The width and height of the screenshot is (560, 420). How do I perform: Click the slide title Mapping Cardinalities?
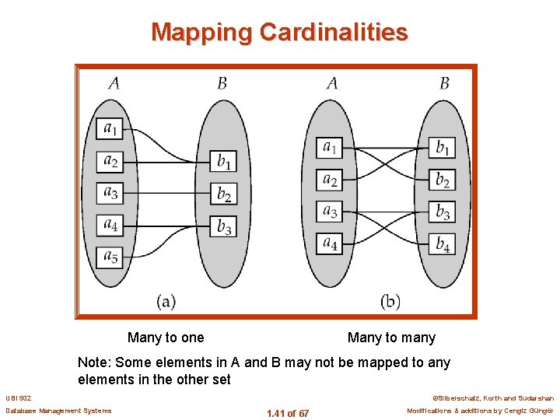[x=279, y=32]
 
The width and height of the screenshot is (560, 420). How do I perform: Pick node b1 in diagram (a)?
[x=223, y=161]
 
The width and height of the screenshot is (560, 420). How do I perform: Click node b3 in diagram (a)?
[x=223, y=226]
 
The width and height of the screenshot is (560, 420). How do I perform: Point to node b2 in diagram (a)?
[x=223, y=193]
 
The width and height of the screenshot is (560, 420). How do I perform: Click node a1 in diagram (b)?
[x=330, y=146]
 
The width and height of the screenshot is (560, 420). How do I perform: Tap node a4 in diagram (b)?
[x=330, y=243]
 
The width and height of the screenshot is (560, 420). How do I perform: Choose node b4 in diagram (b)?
[x=442, y=243]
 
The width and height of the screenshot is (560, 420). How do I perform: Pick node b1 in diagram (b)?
[x=442, y=146]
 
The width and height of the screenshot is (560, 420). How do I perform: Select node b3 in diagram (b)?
[x=442, y=211]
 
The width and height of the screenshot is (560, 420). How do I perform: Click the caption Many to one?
[x=166, y=338]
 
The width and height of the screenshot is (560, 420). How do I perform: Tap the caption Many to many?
[x=391, y=338]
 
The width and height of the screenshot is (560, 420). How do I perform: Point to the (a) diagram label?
[x=166, y=300]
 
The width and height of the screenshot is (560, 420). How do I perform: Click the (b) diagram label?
[x=390, y=300]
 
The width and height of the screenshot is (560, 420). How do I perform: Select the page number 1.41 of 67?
[x=287, y=414]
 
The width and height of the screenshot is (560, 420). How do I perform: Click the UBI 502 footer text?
[x=18, y=397]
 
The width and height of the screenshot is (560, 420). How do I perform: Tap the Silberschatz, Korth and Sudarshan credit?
[x=493, y=397]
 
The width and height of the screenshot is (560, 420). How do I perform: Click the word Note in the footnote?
[x=93, y=362]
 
